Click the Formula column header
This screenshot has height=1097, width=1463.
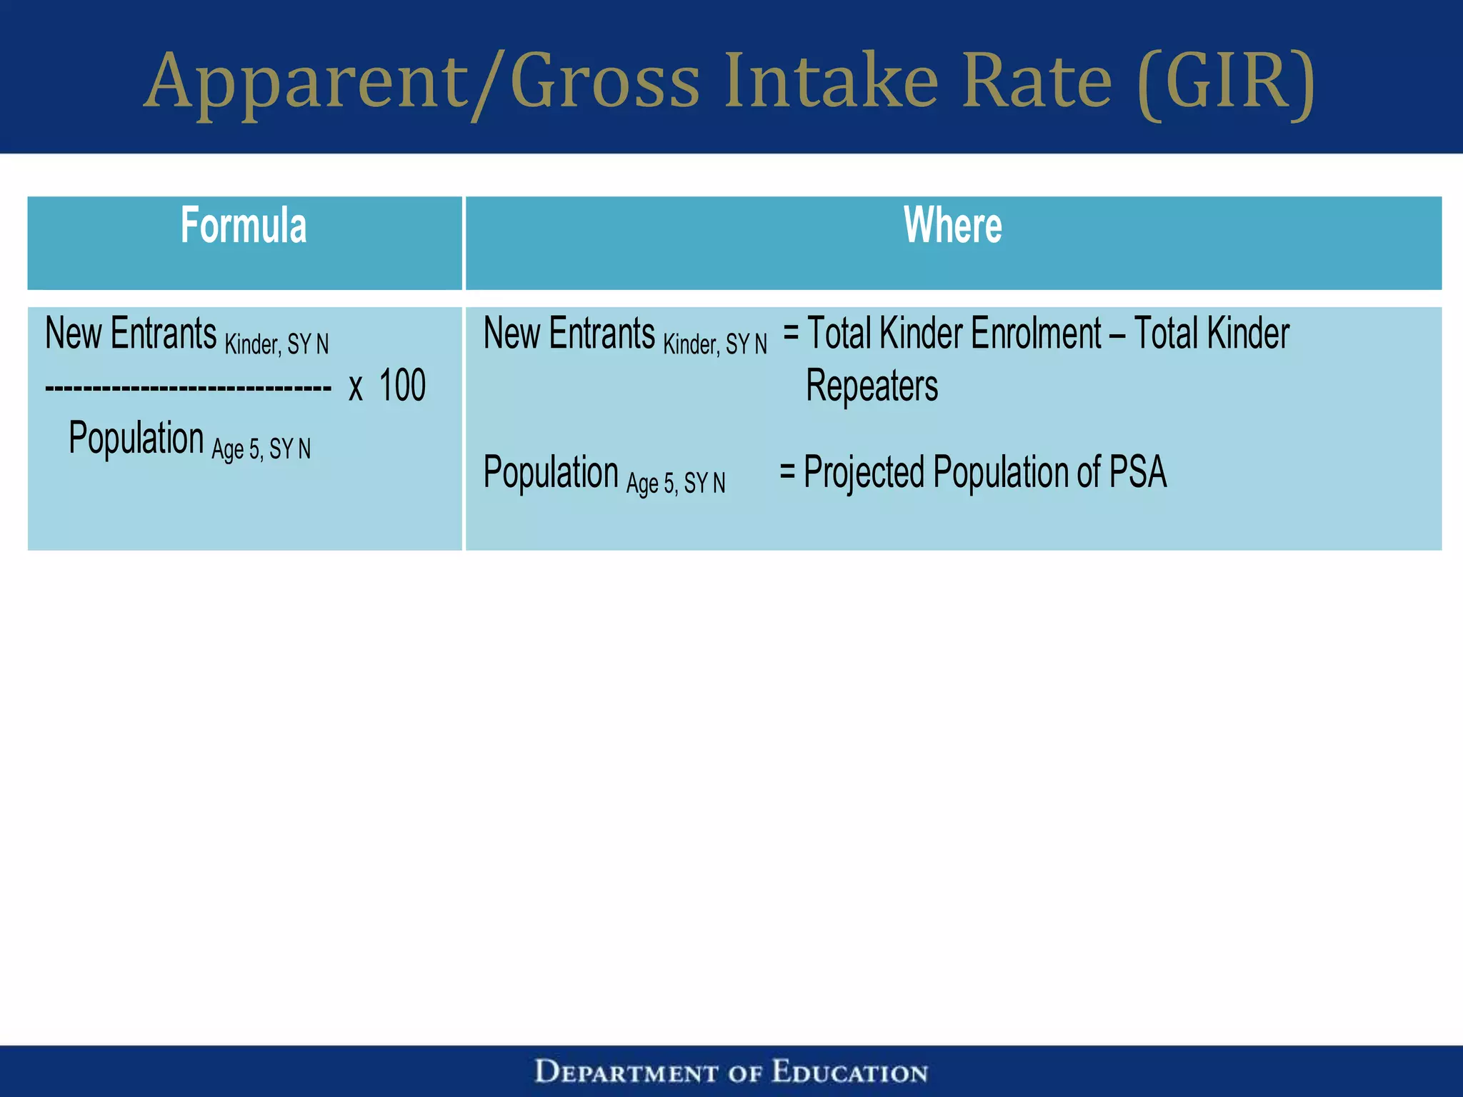pos(244,226)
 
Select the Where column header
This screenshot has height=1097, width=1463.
pos(952,226)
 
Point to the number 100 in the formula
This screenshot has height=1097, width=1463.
pos(402,386)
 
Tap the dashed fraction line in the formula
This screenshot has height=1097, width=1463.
pos(188,389)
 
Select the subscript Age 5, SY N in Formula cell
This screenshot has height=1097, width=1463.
pos(261,449)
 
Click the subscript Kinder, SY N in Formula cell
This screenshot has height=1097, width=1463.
pos(276,345)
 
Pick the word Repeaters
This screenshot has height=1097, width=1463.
pos(872,386)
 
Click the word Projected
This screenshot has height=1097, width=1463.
pos(864,473)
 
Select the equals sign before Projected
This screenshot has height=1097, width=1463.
pos(787,471)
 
